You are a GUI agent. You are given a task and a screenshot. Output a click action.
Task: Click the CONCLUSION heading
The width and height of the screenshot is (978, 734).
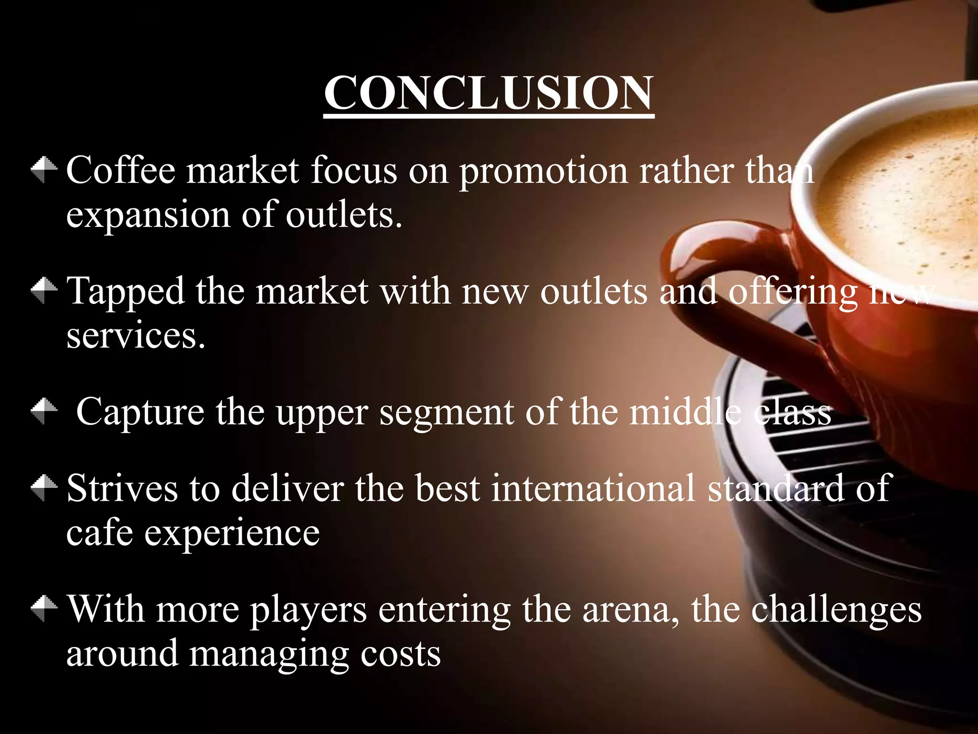point(489,93)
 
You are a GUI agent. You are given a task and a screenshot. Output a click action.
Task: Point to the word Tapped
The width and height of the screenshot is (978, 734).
point(125,291)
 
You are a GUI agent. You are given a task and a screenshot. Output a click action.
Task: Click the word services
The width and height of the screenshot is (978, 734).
point(136,336)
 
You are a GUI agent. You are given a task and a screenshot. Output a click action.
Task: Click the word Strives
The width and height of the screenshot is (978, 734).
point(122,488)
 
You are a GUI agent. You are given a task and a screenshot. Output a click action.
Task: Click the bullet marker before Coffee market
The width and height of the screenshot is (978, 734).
point(44,170)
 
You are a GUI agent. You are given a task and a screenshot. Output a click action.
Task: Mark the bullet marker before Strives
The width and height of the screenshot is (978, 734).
point(44,487)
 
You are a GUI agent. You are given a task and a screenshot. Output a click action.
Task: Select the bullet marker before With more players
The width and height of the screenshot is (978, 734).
point(44,609)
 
